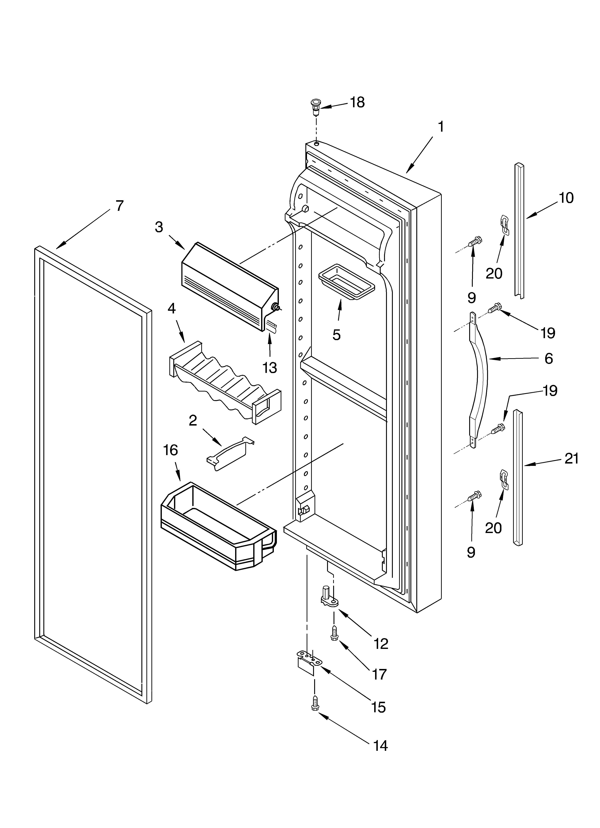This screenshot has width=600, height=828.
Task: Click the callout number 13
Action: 270,368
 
